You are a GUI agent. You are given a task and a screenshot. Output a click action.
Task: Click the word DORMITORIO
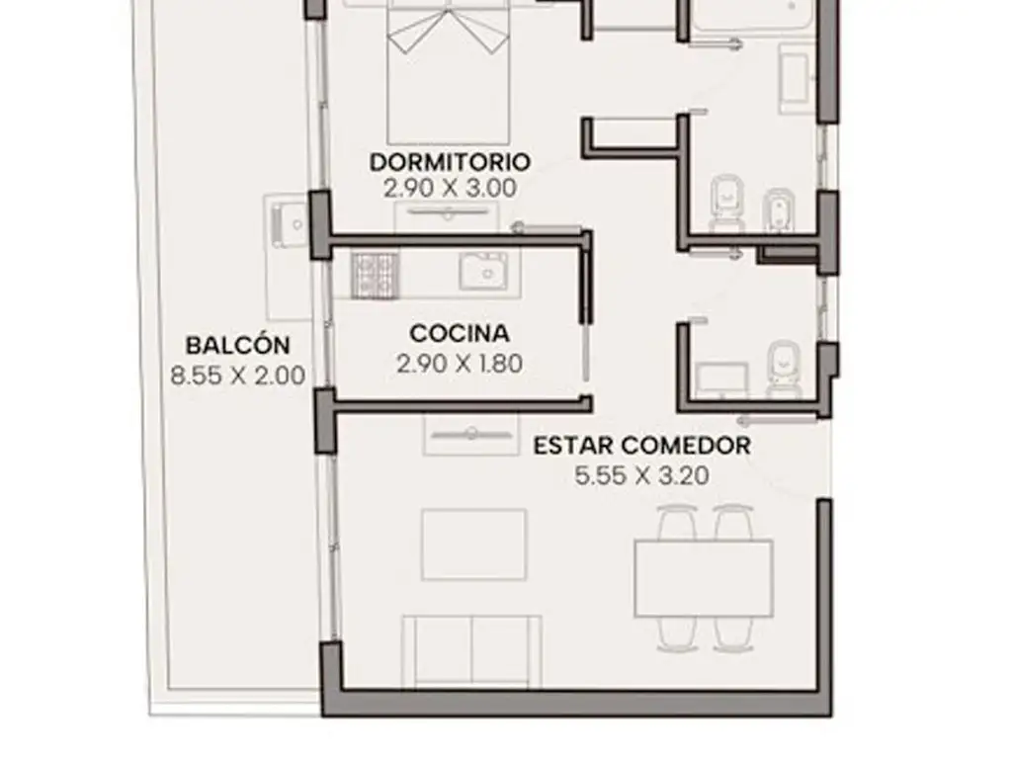(450, 161)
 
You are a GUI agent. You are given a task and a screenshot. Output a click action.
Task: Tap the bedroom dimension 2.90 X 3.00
(450, 189)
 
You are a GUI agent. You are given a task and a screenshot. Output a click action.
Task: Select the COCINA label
(460, 334)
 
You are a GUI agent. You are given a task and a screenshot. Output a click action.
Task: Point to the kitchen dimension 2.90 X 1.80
(460, 364)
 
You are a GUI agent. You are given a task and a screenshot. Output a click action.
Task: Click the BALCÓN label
(238, 345)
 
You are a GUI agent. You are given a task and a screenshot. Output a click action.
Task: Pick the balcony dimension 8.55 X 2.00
(238, 376)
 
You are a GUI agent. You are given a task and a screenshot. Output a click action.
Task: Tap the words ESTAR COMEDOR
(642, 446)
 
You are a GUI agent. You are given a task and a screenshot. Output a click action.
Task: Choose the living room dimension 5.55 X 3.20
(642, 476)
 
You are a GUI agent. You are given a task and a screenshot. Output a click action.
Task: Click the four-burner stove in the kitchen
(375, 276)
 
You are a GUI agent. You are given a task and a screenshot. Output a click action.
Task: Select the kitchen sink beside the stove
(483, 271)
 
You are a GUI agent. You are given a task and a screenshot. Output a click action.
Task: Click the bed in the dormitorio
(448, 72)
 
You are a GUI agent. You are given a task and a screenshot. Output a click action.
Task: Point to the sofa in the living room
(471, 652)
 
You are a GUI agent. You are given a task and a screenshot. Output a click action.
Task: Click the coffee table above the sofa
(474, 545)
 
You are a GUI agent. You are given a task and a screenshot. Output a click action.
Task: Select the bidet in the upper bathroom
(779, 210)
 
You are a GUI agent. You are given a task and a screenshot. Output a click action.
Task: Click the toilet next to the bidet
(726, 202)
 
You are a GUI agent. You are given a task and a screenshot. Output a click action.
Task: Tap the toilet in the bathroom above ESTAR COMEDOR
(784, 370)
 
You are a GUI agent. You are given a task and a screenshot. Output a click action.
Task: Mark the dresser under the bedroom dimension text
(448, 217)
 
